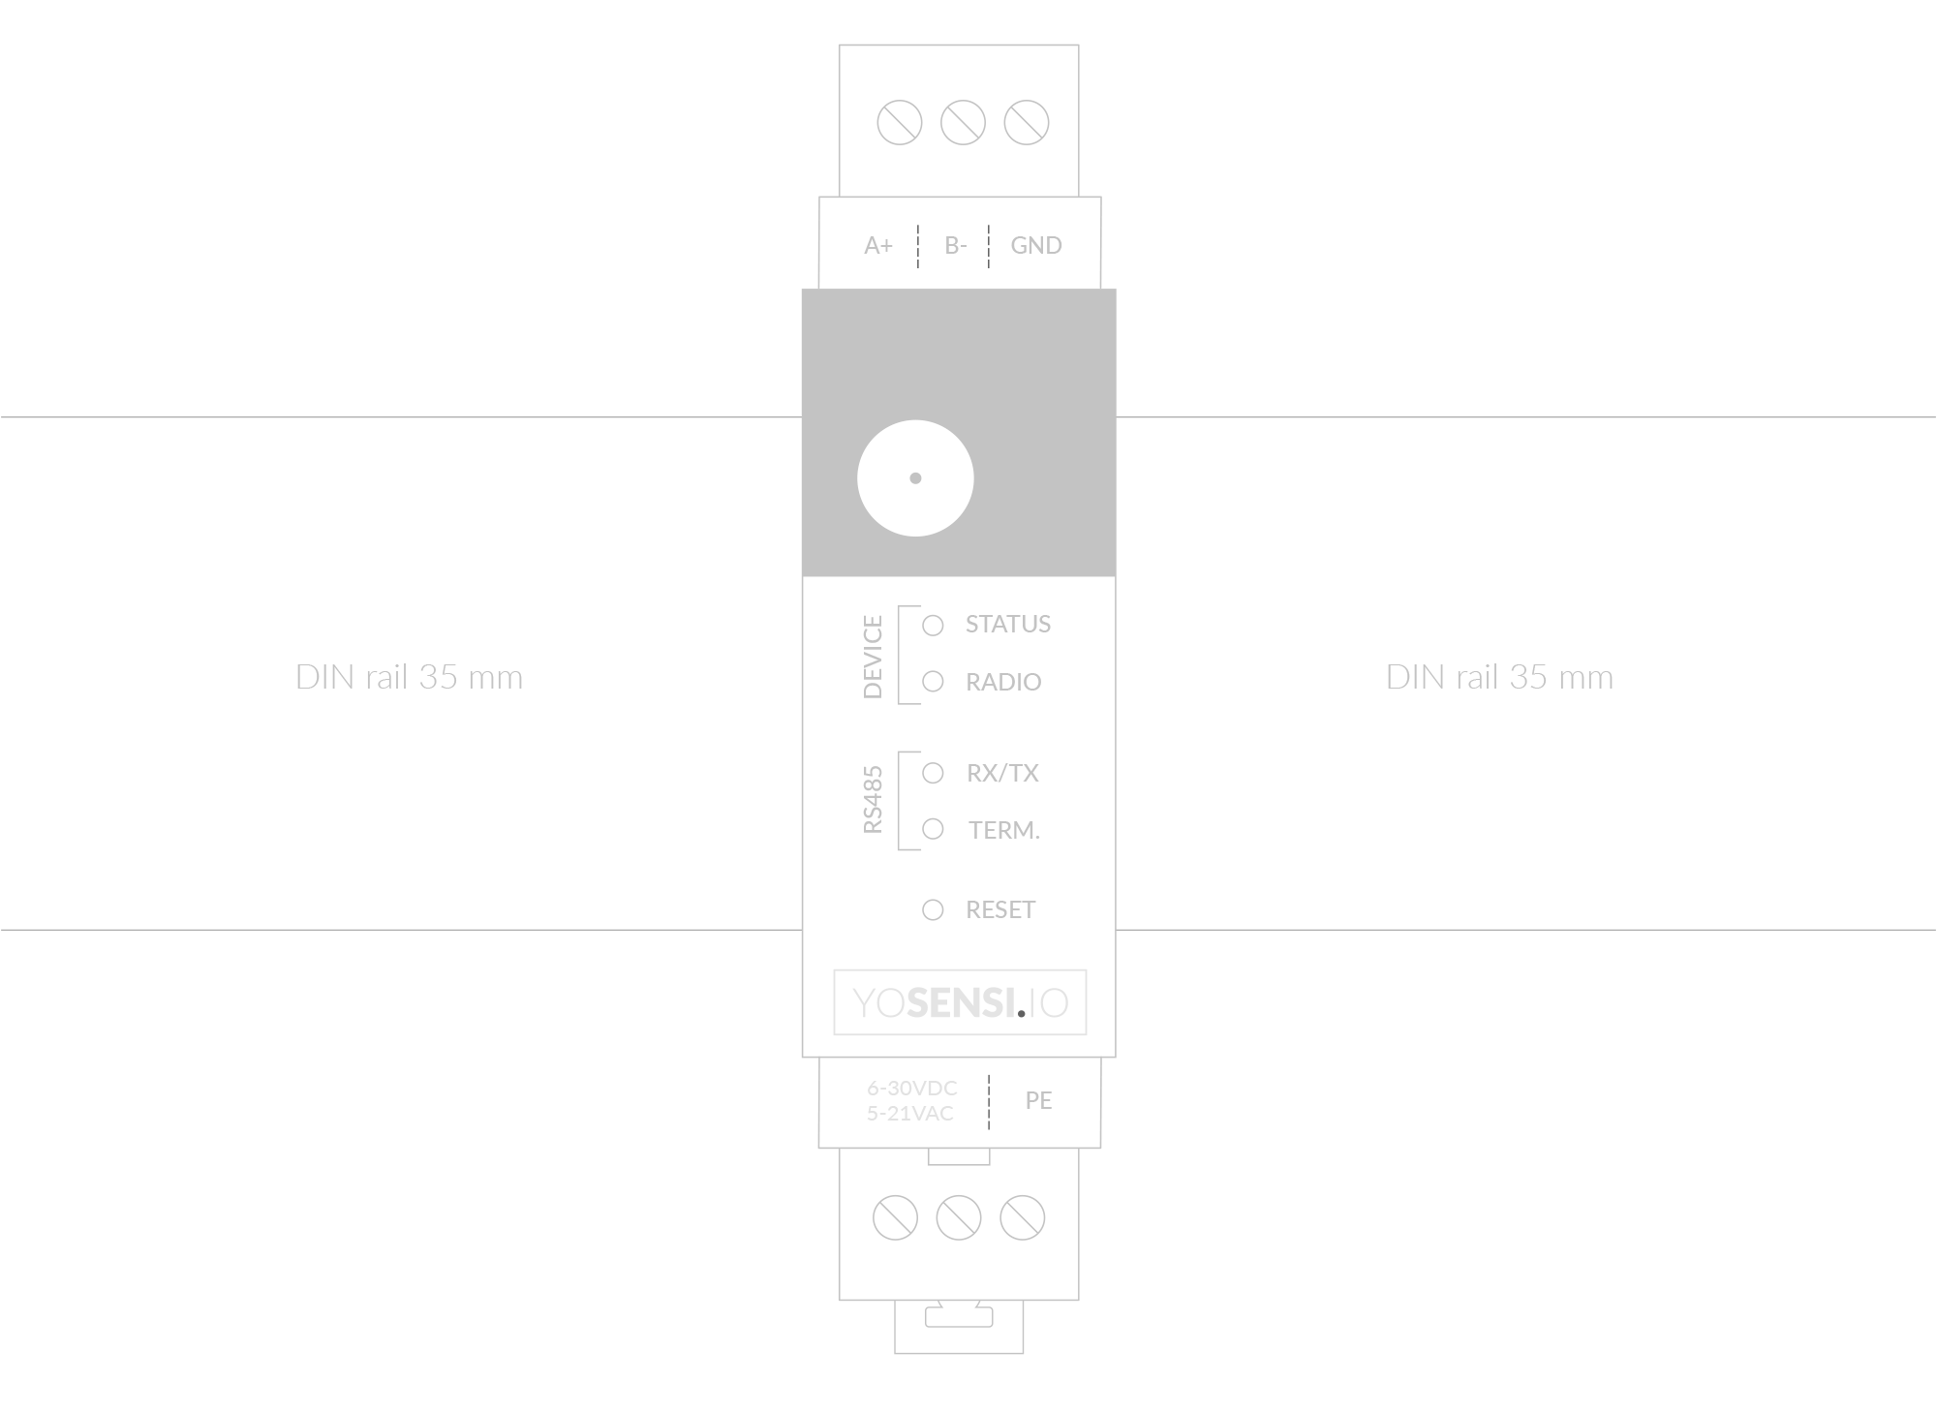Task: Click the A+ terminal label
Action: (x=878, y=246)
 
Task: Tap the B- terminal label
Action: (x=955, y=246)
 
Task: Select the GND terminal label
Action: (x=1036, y=246)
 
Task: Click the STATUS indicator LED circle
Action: (x=933, y=626)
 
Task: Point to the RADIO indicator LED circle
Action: (x=933, y=682)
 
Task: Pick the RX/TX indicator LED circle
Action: (x=933, y=773)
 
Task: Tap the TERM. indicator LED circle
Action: (x=933, y=829)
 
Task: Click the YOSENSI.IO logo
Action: (x=960, y=1002)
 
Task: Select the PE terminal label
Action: (x=1038, y=1101)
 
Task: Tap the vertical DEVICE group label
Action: (x=873, y=657)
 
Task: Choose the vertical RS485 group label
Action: (x=873, y=800)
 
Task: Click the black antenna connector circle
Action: (x=915, y=477)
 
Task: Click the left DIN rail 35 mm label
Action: (x=409, y=677)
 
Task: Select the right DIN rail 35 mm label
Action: (x=1499, y=677)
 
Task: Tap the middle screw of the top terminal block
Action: (x=963, y=123)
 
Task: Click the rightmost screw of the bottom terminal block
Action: (x=1023, y=1218)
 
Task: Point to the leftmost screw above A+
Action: (x=899, y=123)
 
